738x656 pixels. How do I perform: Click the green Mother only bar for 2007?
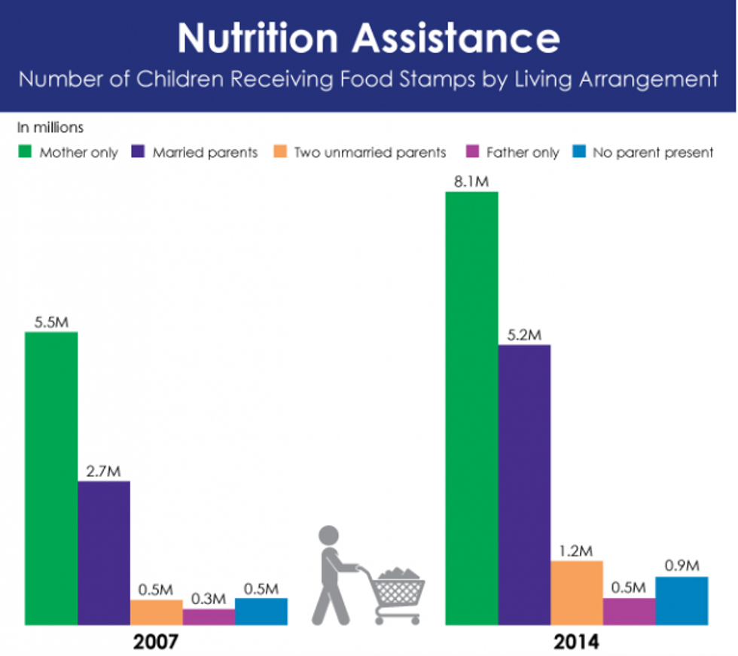(x=51, y=478)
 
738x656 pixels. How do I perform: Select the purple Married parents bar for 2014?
(x=524, y=485)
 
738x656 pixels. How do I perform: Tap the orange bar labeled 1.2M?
(x=577, y=593)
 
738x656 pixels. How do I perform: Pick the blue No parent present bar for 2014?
(x=682, y=601)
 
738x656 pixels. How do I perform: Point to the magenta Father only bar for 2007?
(x=209, y=617)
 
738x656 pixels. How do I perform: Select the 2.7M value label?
(x=104, y=471)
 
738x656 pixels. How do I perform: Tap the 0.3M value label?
(x=209, y=599)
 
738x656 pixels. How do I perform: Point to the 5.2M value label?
(x=524, y=335)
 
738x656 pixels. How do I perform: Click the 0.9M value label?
(x=682, y=566)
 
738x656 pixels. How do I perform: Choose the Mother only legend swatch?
(x=25, y=152)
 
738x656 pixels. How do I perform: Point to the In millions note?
(x=50, y=127)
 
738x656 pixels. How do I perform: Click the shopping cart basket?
(x=400, y=588)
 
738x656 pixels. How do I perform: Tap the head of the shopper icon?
(x=330, y=536)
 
